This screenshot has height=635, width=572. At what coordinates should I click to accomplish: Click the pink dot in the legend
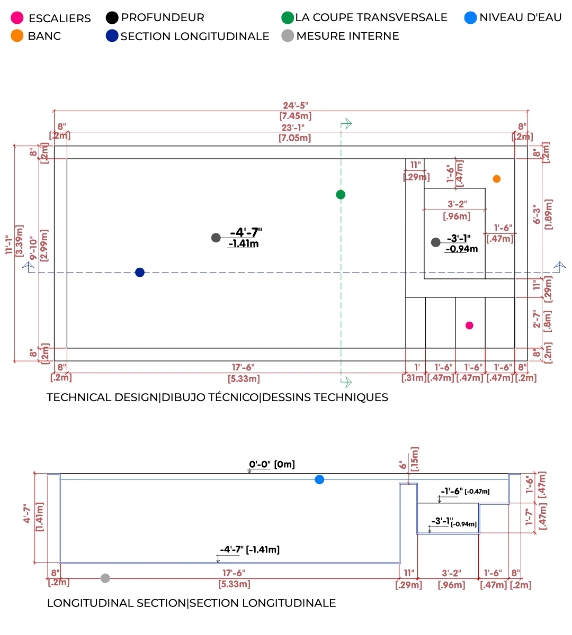[17, 17]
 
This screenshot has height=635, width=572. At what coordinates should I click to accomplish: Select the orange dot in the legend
[17, 36]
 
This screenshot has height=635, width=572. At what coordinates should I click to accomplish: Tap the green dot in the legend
[288, 17]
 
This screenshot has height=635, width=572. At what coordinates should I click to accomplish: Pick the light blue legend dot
[470, 17]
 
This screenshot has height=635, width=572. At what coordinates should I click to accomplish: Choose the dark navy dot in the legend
[112, 36]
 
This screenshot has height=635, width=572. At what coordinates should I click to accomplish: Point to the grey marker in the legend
[288, 36]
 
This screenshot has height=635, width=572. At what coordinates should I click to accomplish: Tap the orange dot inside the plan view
[496, 179]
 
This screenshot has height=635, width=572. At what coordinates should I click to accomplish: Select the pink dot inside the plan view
[469, 325]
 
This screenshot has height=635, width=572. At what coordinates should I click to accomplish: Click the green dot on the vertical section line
[341, 194]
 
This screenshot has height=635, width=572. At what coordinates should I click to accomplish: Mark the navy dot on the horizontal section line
[140, 273]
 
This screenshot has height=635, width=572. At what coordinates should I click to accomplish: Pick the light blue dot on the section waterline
[319, 480]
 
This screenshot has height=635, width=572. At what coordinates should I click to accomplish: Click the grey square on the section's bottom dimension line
[104, 578]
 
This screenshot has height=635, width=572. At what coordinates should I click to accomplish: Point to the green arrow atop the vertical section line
[347, 125]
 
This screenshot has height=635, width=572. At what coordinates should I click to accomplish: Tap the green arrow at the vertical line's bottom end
[347, 382]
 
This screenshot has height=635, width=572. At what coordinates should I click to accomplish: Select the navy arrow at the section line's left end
[29, 267]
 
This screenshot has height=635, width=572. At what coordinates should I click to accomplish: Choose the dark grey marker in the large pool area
[215, 239]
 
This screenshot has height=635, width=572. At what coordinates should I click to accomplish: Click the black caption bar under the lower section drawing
[192, 603]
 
